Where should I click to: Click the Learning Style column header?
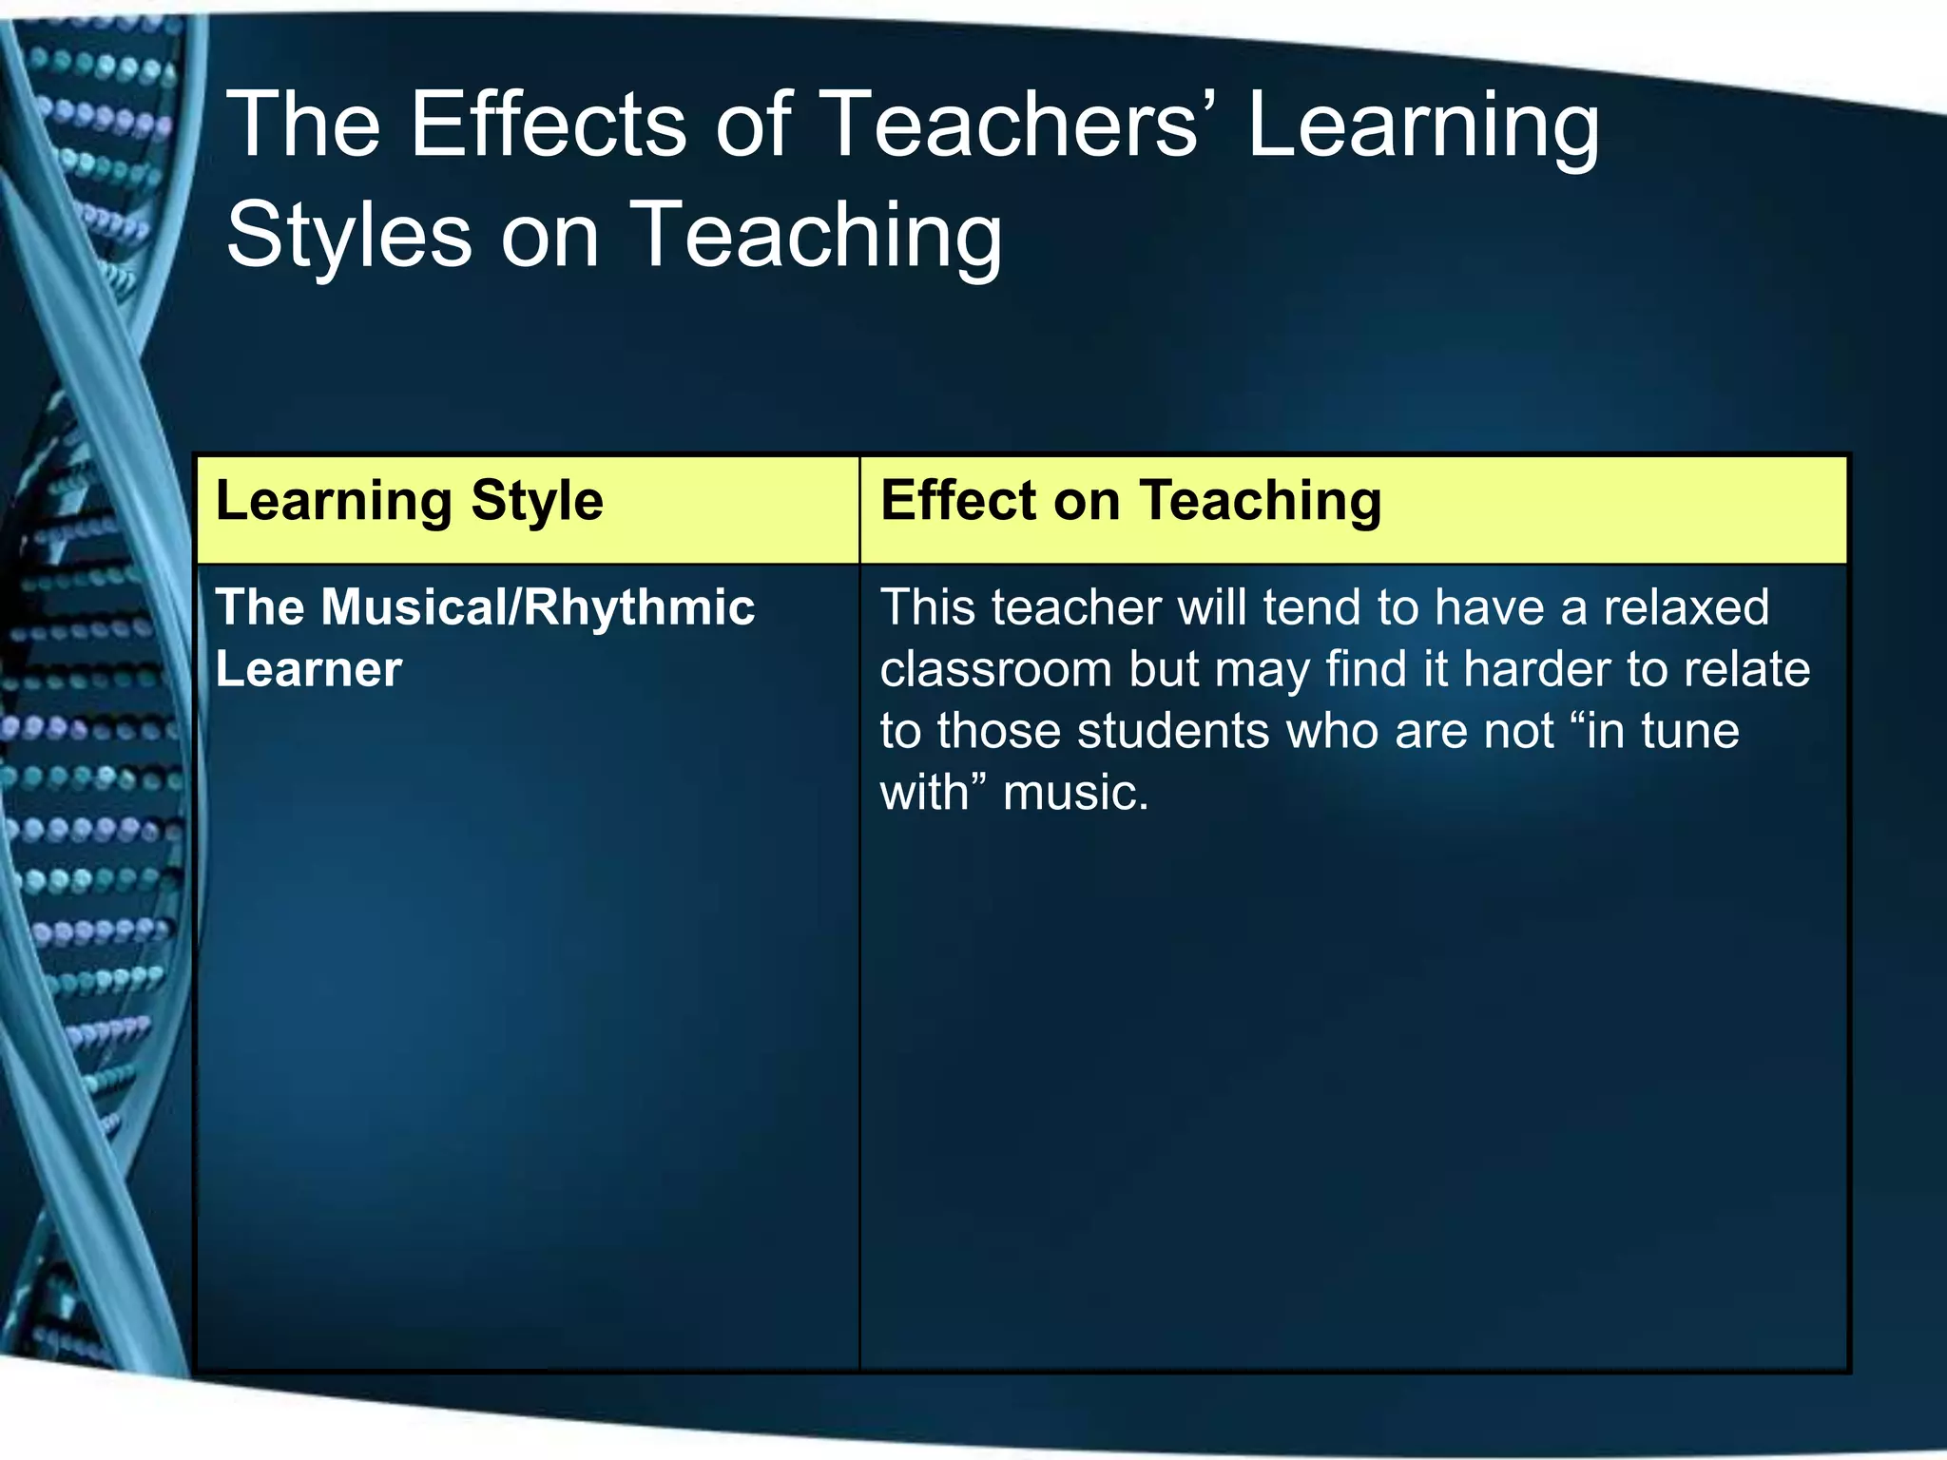click(x=410, y=501)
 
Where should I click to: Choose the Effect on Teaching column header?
click(x=1130, y=501)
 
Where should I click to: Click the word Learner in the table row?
click(x=309, y=669)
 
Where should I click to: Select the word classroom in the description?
click(x=995, y=669)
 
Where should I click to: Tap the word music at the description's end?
click(x=1075, y=793)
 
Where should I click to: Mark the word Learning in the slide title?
click(x=1423, y=126)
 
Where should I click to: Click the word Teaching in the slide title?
click(x=815, y=236)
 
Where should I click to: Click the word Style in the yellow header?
click(x=537, y=501)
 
